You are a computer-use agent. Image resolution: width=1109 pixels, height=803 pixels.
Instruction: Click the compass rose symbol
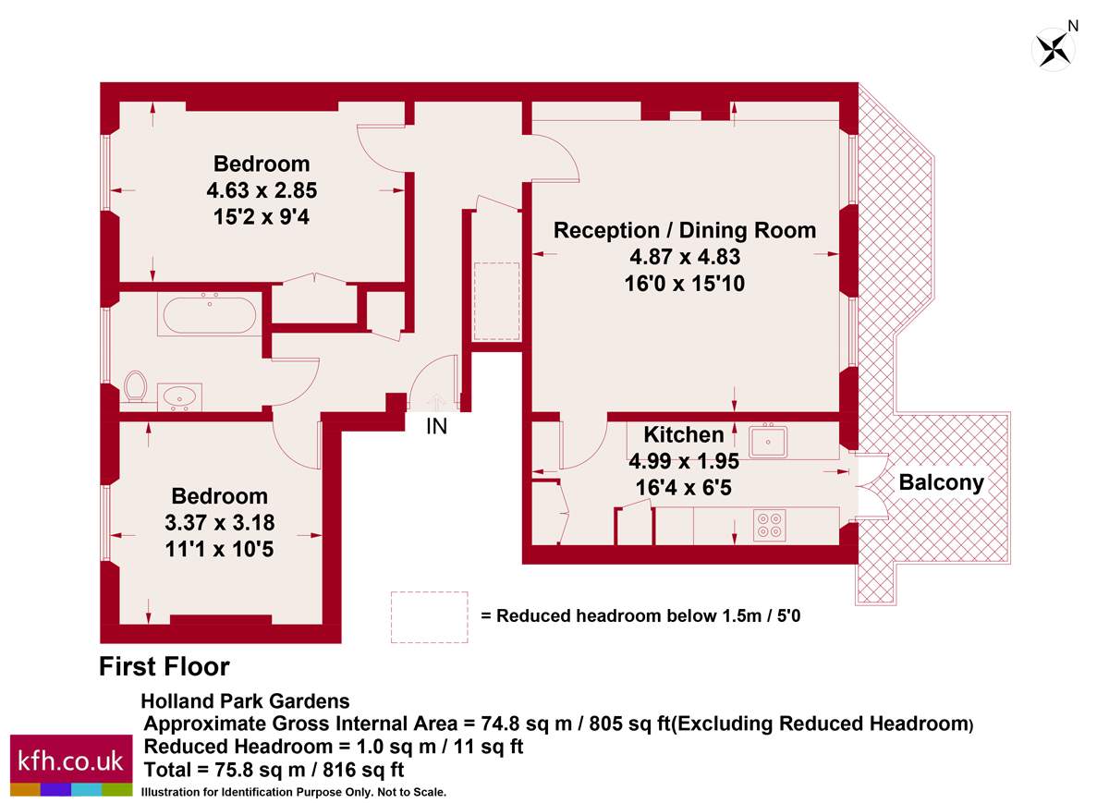pyautogui.click(x=1053, y=50)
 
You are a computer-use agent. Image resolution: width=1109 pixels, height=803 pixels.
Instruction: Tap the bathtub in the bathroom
pyautogui.click(x=210, y=315)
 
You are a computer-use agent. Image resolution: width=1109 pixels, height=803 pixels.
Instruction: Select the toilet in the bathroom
pyautogui.click(x=135, y=386)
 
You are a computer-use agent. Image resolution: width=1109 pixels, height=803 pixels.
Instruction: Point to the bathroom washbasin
pyautogui.click(x=179, y=397)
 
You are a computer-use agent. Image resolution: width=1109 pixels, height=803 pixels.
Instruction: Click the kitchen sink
pyautogui.click(x=768, y=441)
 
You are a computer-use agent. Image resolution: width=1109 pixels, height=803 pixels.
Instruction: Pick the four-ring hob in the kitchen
pyautogui.click(x=769, y=525)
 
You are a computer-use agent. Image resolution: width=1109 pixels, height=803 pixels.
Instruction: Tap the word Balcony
pyautogui.click(x=941, y=482)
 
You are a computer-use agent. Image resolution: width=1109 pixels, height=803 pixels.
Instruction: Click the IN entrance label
pyautogui.click(x=436, y=427)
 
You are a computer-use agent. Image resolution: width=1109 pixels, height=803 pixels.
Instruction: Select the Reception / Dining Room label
pyautogui.click(x=685, y=230)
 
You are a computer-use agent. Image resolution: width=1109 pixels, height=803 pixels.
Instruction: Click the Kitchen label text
pyautogui.click(x=684, y=434)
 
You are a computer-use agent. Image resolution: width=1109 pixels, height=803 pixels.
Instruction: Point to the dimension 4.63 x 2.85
pyautogui.click(x=262, y=190)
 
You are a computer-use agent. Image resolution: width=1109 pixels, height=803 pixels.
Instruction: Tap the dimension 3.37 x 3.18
pyautogui.click(x=219, y=523)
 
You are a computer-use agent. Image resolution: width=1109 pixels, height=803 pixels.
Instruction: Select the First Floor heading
pyautogui.click(x=165, y=666)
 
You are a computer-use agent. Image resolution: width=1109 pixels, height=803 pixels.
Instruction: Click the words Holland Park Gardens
pyautogui.click(x=246, y=701)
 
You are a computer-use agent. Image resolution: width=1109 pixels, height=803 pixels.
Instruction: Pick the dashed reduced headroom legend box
pyautogui.click(x=429, y=617)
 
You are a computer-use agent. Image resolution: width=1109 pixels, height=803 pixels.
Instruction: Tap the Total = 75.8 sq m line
pyautogui.click(x=274, y=770)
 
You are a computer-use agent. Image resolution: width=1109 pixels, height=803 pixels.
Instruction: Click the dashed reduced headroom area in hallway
pyautogui.click(x=496, y=301)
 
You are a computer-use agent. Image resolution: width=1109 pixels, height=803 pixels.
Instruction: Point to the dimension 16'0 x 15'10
pyautogui.click(x=685, y=284)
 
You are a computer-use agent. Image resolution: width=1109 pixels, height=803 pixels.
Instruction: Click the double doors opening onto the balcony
pyautogui.click(x=871, y=486)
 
